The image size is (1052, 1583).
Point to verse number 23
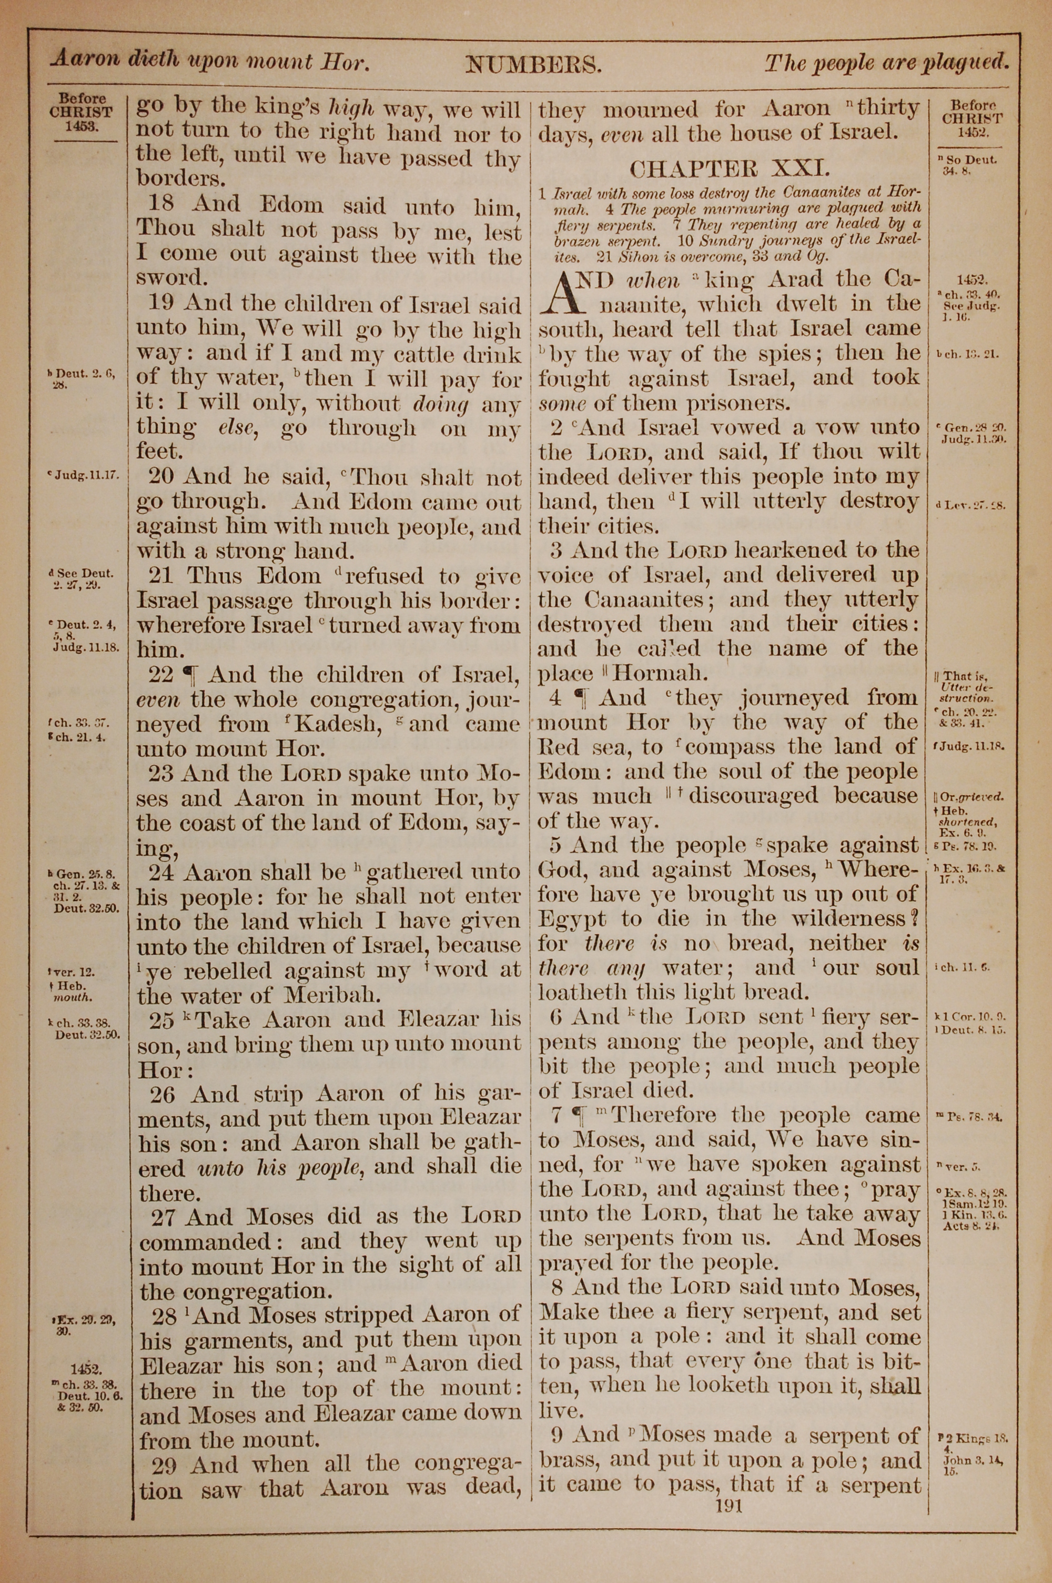pyautogui.click(x=160, y=773)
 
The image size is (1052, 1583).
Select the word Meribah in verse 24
pyautogui.click(x=346, y=995)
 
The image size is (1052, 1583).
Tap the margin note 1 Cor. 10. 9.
pyautogui.click(x=974, y=1017)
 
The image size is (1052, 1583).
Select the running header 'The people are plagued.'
pyautogui.click(x=887, y=64)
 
